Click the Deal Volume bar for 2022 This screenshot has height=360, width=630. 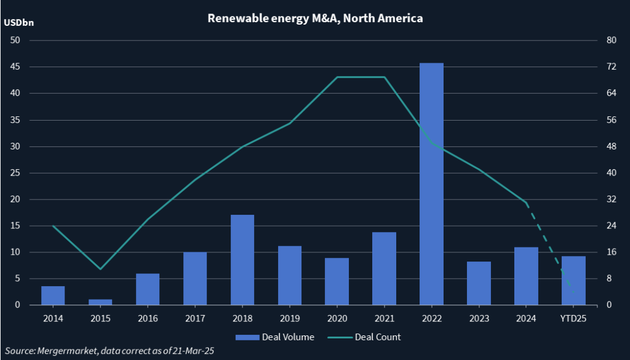431,184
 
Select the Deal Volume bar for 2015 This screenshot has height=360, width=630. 100,302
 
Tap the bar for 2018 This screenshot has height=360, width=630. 242,260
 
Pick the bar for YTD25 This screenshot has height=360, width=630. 573,281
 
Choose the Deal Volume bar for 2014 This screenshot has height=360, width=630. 53,295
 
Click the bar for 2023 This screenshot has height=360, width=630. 479,283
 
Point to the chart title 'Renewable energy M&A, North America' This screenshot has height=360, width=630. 315,18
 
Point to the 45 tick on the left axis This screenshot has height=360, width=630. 15,67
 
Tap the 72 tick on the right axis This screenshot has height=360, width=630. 611,67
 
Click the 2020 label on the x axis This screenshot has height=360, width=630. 337,318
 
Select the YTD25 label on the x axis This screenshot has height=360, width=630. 573,318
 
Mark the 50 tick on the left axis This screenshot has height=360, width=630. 15,41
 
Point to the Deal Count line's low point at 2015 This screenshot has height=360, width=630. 100,269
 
